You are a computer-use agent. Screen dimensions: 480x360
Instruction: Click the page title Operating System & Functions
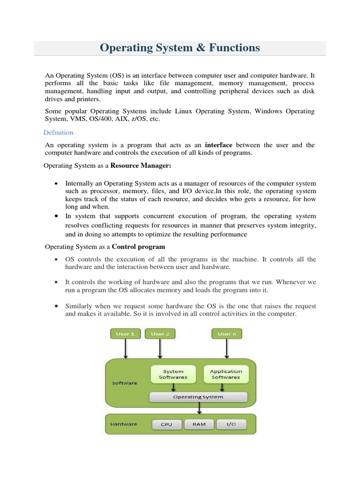180,48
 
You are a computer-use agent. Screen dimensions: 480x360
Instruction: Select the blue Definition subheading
59,133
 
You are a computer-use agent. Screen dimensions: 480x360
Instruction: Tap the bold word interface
219,145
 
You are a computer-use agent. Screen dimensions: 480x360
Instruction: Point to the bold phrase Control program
139,247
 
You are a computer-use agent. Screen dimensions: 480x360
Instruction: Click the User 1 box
125,334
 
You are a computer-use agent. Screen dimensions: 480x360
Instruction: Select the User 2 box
160,334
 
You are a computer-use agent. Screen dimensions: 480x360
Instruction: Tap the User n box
227,334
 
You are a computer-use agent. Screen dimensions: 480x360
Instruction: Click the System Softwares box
173,374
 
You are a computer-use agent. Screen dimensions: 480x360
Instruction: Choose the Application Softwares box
226,374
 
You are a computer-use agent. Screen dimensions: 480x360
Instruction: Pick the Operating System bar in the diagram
198,397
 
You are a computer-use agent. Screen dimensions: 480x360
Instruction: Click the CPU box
166,425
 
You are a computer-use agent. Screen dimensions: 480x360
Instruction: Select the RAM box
199,425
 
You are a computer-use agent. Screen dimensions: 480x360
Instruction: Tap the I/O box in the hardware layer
231,425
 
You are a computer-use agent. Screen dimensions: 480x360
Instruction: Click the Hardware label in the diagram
124,424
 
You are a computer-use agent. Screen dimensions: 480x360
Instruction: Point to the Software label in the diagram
125,383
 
